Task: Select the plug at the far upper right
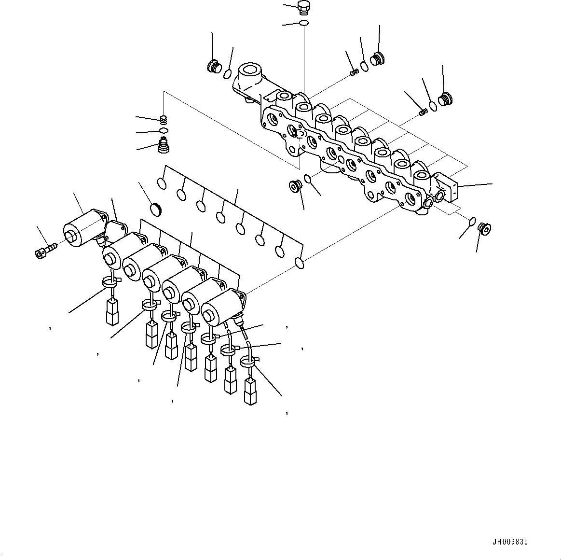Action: (x=447, y=98)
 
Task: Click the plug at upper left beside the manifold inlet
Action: (x=213, y=66)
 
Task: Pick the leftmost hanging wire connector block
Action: (x=112, y=311)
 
